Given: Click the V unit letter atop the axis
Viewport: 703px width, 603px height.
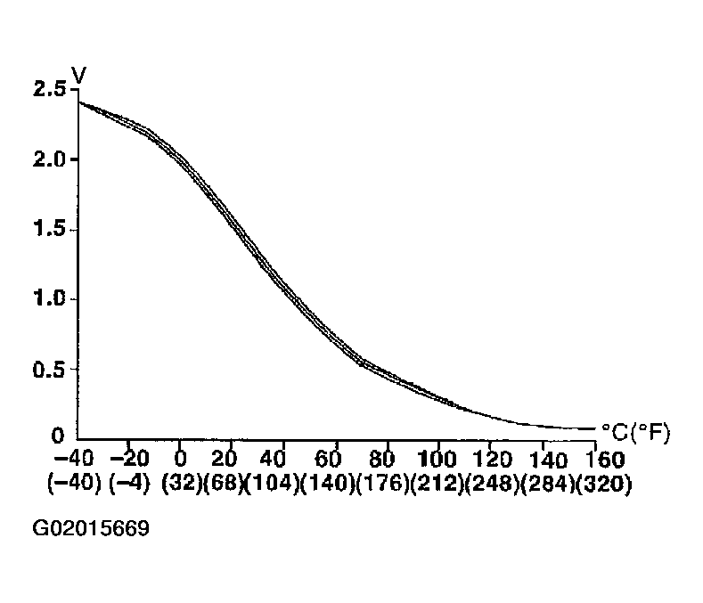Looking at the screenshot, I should pyautogui.click(x=78, y=76).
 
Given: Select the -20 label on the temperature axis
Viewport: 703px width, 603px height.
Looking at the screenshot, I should pyautogui.click(x=128, y=460).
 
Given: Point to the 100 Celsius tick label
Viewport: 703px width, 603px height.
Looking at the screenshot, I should pyautogui.click(x=437, y=460).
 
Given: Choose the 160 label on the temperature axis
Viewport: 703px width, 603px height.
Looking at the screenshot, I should pyautogui.click(x=592, y=460).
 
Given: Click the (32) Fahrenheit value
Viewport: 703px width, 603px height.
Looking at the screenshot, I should pyautogui.click(x=181, y=486).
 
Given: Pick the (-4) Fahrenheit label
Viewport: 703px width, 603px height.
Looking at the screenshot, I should pyautogui.click(x=128, y=486).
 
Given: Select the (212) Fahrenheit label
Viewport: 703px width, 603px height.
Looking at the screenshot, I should pyautogui.click(x=437, y=486).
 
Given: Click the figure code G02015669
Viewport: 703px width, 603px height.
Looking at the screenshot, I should pyautogui.click(x=90, y=528).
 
